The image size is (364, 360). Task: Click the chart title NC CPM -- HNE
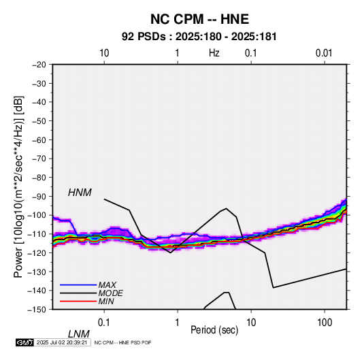point(199,19)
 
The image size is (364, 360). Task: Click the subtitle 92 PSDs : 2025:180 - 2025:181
point(199,37)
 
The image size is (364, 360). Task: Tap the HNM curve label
point(80,193)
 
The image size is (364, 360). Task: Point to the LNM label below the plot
point(79,334)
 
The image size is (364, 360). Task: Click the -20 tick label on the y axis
point(39,65)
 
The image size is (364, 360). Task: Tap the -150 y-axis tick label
point(37,310)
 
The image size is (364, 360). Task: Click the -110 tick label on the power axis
point(37,234)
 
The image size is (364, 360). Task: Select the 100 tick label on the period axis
point(325,323)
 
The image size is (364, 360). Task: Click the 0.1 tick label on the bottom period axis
point(104,323)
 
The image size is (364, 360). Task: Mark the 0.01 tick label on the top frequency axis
point(324,53)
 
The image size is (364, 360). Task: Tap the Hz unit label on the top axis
point(214,53)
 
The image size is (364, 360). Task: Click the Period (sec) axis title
point(214,330)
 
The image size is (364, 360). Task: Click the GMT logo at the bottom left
point(25,342)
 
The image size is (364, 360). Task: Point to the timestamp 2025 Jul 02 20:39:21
point(62,342)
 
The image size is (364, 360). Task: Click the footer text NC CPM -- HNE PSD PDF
point(122,342)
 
